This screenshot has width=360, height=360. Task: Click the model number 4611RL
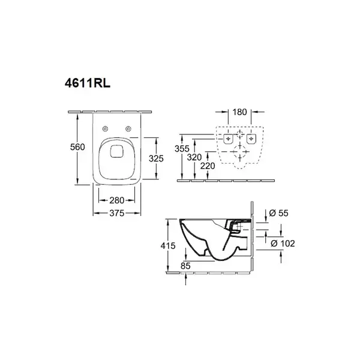click(88, 83)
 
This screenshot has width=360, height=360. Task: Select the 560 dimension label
click(77, 147)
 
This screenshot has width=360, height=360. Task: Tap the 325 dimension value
click(156, 158)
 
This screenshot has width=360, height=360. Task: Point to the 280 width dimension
click(116, 200)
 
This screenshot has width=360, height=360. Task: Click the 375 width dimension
click(116, 213)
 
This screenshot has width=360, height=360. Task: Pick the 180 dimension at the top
click(239, 112)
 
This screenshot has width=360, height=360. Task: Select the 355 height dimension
click(182, 149)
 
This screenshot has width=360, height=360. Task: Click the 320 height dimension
click(194, 157)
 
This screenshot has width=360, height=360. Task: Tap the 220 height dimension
click(208, 166)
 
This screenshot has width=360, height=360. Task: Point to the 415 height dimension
click(168, 246)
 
